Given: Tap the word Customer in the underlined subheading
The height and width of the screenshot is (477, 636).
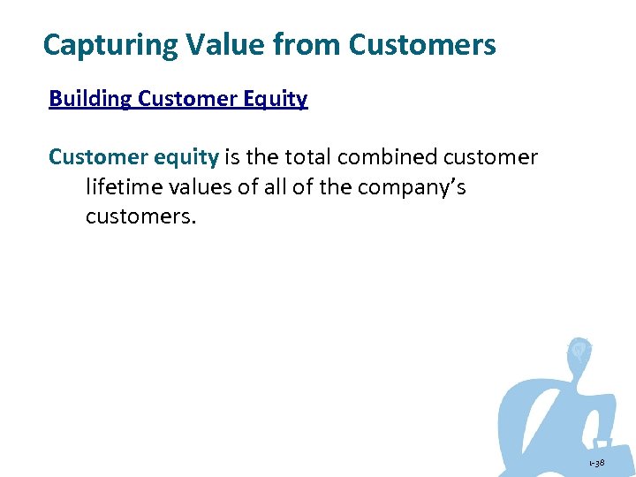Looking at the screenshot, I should coord(182,99).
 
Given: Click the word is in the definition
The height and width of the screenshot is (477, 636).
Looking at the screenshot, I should coord(233,157).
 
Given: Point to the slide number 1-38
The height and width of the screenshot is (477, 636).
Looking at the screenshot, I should coord(598,463).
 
